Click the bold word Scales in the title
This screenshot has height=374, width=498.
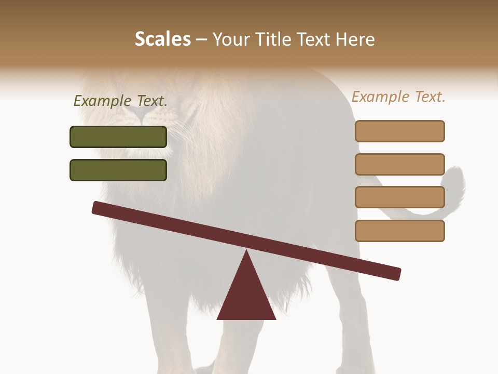pos(162,39)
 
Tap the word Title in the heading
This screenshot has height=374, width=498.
pos(275,39)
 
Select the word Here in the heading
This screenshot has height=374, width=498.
pos(355,39)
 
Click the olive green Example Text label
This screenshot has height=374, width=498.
pos(120,101)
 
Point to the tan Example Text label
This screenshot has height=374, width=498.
pos(398,97)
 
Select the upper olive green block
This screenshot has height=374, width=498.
pos(118,137)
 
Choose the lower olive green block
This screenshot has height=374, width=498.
pos(118,170)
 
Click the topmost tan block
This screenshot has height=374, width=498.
pos(399,131)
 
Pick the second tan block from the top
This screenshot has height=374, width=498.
pos(399,164)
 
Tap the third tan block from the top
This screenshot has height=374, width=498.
pos(399,197)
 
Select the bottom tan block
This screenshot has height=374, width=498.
pos(399,231)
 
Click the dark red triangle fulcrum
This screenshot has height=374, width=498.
pos(246,296)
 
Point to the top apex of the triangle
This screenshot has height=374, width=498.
pos(246,251)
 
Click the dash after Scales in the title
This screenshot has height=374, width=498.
pos(202,39)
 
